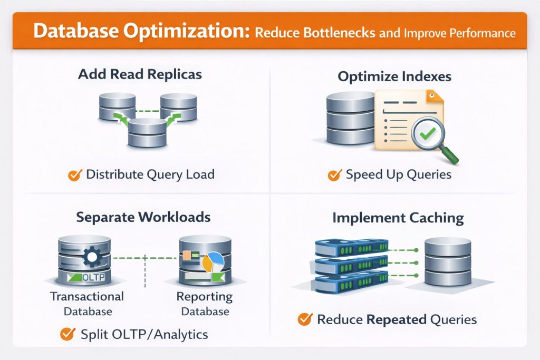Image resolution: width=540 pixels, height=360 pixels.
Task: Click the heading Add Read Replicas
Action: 140,74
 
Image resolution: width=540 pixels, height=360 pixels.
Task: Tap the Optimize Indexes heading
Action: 394,77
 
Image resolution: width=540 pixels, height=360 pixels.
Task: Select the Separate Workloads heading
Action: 143,217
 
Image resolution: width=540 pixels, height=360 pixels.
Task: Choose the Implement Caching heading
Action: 398,218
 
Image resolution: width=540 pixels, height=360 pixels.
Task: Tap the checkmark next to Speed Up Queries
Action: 334,175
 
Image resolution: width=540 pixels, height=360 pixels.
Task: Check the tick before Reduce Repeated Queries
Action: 304,319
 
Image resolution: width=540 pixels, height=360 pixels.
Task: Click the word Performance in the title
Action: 477,33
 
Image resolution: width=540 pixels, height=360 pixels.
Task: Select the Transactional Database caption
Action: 87,304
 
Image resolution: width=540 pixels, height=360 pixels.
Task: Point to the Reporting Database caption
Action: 205,304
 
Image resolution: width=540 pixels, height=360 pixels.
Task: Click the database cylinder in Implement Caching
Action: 447,262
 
